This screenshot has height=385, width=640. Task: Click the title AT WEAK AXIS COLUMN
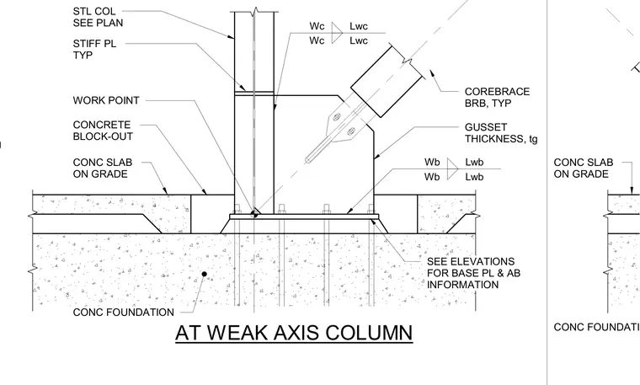(x=294, y=333)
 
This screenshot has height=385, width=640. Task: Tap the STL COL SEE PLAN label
(x=98, y=17)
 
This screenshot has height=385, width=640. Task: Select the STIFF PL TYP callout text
(x=94, y=50)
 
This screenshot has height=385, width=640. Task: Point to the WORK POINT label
(x=106, y=100)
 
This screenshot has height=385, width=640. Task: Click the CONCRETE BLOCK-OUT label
(x=103, y=131)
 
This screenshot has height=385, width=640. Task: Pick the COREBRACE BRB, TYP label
(x=497, y=97)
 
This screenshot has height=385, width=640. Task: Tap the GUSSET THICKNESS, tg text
(x=501, y=133)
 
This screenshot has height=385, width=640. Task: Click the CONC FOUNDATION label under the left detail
(x=124, y=313)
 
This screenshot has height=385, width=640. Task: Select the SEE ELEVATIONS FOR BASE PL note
(x=473, y=273)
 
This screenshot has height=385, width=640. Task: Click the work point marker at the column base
(x=254, y=213)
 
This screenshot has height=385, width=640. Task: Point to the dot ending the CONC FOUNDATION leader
(x=204, y=274)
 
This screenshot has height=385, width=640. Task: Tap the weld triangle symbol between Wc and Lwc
(x=336, y=33)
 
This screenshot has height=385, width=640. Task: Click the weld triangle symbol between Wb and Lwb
(x=452, y=168)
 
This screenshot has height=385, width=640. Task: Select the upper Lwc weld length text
(x=359, y=26)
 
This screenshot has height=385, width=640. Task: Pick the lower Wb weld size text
(x=432, y=177)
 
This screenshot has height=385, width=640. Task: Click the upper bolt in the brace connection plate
(x=337, y=118)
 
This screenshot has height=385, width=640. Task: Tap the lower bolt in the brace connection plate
(x=351, y=131)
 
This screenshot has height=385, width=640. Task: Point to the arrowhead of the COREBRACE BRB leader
(x=431, y=73)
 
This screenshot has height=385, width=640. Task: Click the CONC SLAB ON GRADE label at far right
(x=584, y=168)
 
